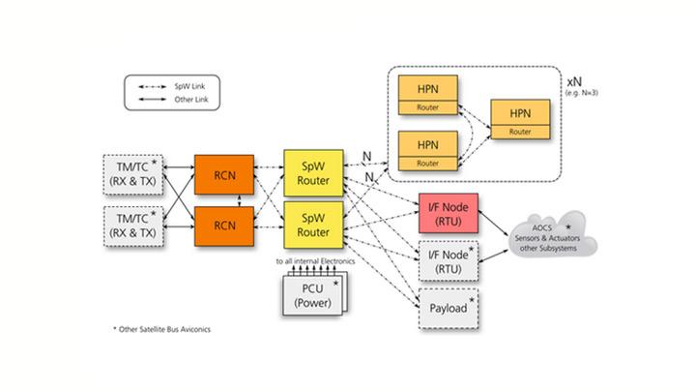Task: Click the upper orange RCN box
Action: coord(224,173)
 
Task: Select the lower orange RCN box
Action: coord(224,226)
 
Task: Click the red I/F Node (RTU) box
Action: coord(448,213)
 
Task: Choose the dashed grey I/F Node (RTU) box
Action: coord(448,259)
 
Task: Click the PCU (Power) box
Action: coord(311,294)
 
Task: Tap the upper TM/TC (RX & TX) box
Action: coord(132,173)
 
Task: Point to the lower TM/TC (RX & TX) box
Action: coord(132,226)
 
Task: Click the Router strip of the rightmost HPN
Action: coord(520,131)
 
